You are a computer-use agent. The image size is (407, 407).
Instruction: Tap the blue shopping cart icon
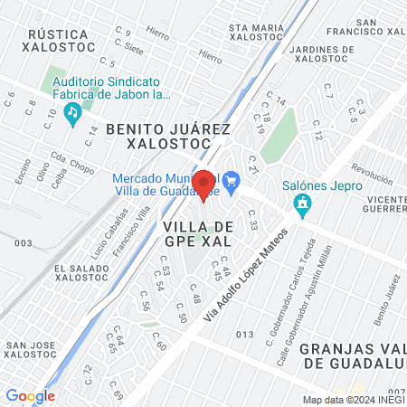[x=231, y=178]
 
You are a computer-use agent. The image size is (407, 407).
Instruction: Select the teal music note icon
[x=73, y=112]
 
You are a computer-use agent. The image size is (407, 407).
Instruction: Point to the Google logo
[x=30, y=395]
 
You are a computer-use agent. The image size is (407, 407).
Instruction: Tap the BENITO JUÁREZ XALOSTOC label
[x=169, y=137]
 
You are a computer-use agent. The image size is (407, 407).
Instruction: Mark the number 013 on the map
[x=244, y=335]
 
